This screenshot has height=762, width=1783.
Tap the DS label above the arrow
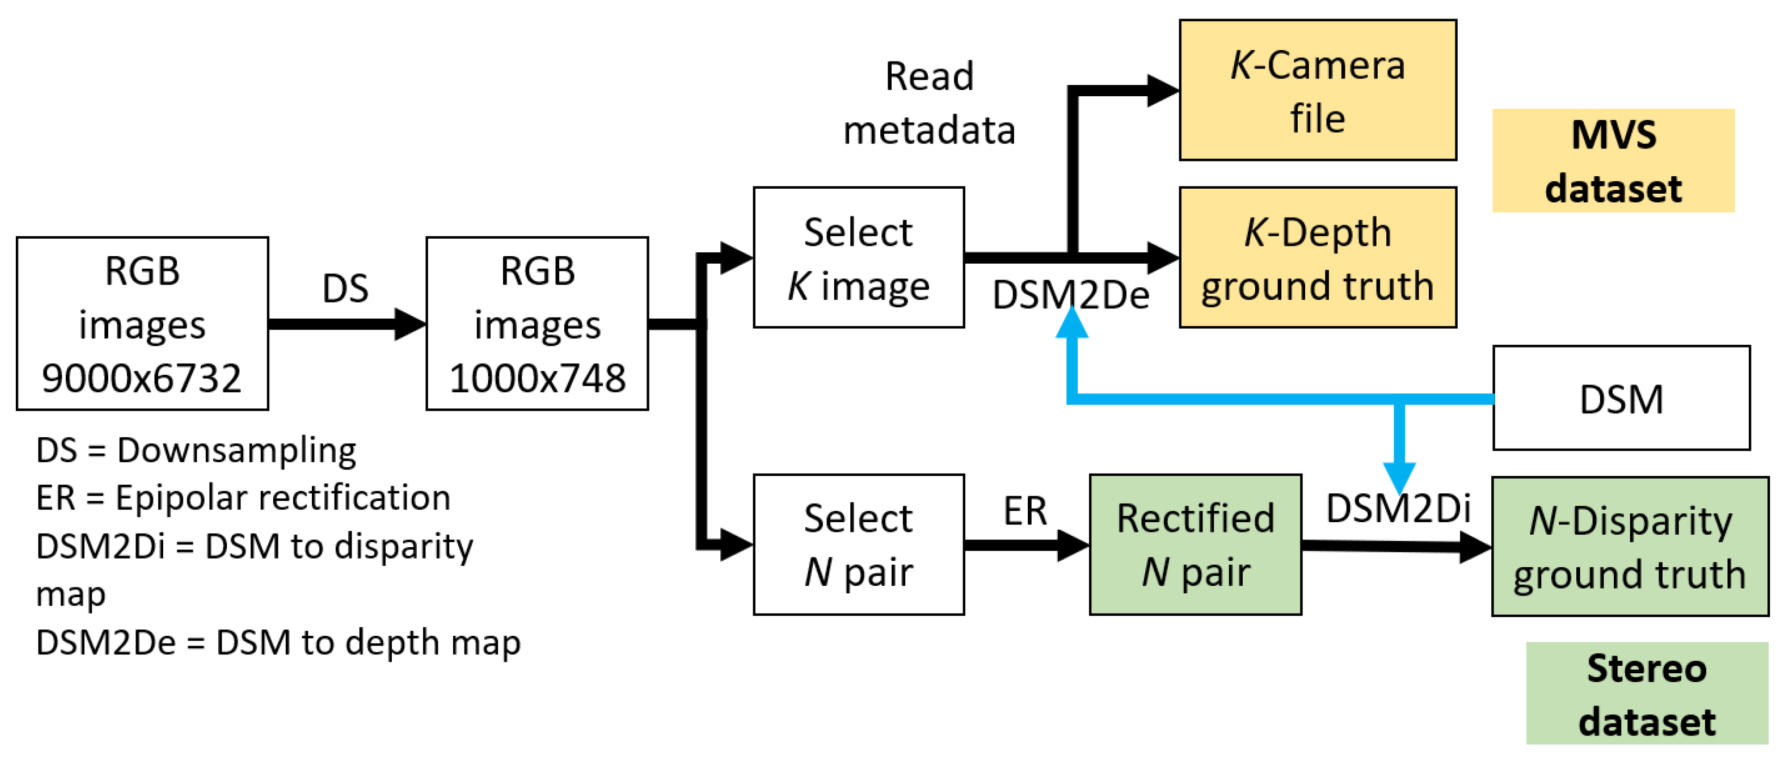(x=345, y=288)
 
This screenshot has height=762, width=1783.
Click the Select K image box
(x=858, y=257)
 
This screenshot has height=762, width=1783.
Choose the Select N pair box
(x=858, y=544)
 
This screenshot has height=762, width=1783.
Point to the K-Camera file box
(x=1317, y=90)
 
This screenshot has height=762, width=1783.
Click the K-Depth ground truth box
(x=1317, y=257)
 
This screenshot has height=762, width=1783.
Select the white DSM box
(x=1621, y=398)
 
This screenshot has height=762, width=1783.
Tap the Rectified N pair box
(x=1195, y=544)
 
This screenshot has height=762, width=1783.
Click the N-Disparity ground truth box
(x=1630, y=547)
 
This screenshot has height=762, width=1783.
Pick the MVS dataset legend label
(x=1613, y=160)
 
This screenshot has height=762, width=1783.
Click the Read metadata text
(x=929, y=102)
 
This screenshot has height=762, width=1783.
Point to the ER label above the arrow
(x=1025, y=511)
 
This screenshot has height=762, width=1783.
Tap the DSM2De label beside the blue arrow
(x=1070, y=295)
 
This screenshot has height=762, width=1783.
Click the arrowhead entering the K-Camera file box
(x=1163, y=91)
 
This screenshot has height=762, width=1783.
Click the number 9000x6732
(x=142, y=378)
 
